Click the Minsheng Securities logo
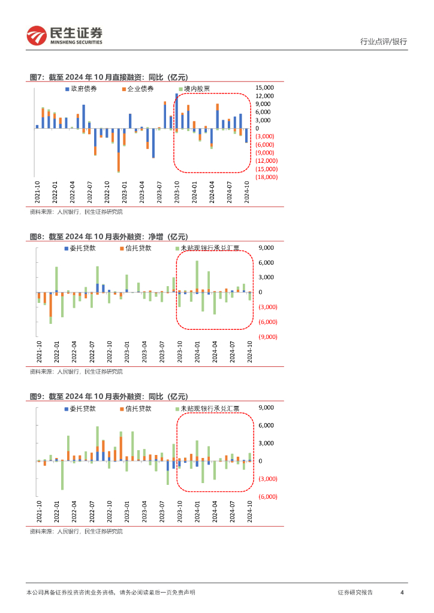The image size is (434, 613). (x=65, y=35)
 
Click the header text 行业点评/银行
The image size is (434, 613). (x=383, y=42)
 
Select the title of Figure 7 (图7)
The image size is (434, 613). (x=108, y=77)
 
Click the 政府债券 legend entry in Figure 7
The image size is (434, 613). (x=83, y=89)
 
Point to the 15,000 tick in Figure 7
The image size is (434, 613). (x=264, y=87)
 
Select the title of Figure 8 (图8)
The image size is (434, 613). (x=108, y=237)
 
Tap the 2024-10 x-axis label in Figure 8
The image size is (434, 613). (x=250, y=352)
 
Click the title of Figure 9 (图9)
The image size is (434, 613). (x=108, y=396)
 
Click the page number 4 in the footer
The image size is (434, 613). (x=402, y=592)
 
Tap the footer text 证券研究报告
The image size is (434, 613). (x=355, y=592)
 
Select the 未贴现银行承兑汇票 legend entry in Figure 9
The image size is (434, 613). (x=209, y=409)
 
